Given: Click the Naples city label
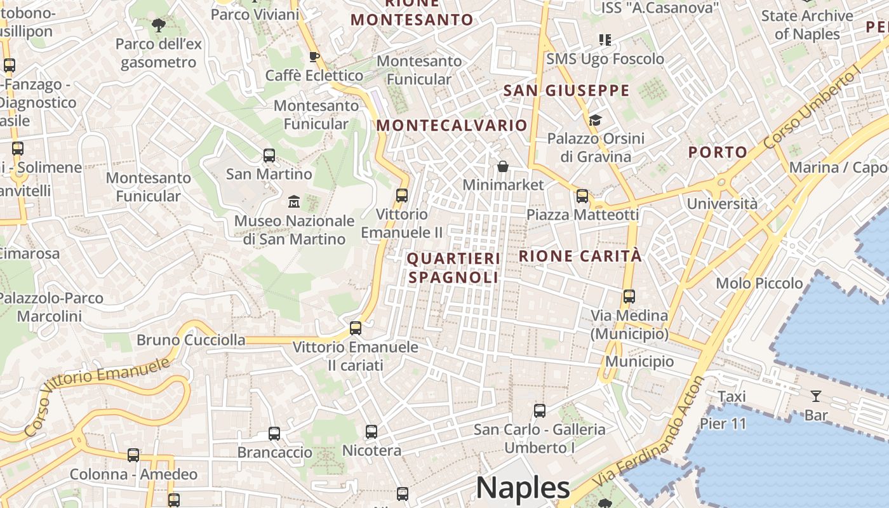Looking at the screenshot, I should (523, 488).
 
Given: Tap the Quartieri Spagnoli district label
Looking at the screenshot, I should (453, 268).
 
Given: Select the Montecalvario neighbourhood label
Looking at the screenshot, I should (451, 125).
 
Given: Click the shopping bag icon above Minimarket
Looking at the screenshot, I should (503, 166).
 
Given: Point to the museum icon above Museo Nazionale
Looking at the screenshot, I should (294, 202).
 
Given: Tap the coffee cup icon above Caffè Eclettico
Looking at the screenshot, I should (314, 57).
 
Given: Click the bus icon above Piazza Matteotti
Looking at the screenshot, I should (582, 196).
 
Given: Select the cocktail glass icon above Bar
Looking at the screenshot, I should (816, 397).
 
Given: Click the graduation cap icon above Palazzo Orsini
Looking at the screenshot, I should (595, 120).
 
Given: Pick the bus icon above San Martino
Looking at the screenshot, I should (269, 156).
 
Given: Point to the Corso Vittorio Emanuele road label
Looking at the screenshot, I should (98, 395).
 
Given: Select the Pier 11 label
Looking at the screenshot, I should (723, 424).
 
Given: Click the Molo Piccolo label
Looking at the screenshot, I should (759, 283).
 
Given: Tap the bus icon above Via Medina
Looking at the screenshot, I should (629, 297).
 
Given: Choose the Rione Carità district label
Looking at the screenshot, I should (580, 257).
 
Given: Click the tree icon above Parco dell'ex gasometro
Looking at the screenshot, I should (158, 25).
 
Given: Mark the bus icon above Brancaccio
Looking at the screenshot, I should (274, 434).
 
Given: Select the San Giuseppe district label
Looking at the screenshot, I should (566, 91).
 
